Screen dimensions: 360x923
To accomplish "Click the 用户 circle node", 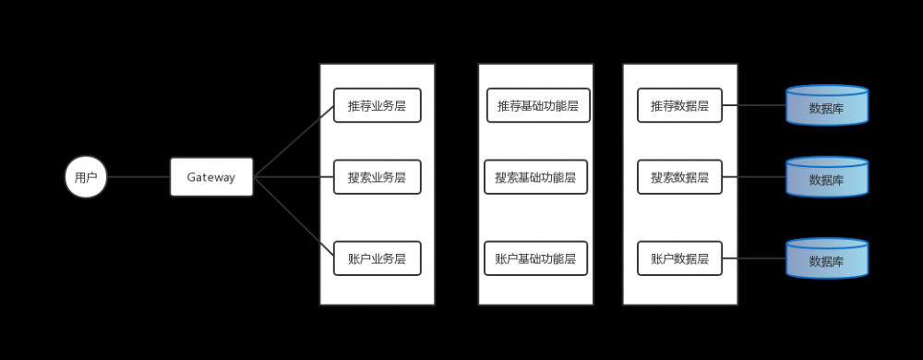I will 86,176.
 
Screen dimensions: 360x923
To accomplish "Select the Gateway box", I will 211,176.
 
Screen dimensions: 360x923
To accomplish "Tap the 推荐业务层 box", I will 377,105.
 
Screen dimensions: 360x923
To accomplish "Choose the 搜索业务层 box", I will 377,176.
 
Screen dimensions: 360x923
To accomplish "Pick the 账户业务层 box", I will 377,258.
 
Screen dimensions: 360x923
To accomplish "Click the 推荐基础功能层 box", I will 538,105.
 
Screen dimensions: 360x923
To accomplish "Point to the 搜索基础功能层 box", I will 535,176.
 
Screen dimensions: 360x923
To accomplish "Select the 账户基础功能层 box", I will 535,258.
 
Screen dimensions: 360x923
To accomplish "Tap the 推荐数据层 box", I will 679,105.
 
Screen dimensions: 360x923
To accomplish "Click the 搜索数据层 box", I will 679,176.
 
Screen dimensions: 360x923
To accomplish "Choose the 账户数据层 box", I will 679,258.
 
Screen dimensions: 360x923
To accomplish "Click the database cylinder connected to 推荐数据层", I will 827,106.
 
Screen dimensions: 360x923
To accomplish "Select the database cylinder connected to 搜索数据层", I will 827,177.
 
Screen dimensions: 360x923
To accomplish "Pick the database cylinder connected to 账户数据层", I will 827,259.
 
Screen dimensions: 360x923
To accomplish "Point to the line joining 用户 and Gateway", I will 138,176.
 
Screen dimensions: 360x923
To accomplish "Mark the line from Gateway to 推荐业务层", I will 294,140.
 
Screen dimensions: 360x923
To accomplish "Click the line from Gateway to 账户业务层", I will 294,217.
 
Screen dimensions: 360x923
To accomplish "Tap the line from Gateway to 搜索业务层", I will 294,176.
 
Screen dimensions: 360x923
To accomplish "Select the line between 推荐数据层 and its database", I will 753,105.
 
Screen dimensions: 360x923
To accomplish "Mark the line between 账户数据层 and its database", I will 753,258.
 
